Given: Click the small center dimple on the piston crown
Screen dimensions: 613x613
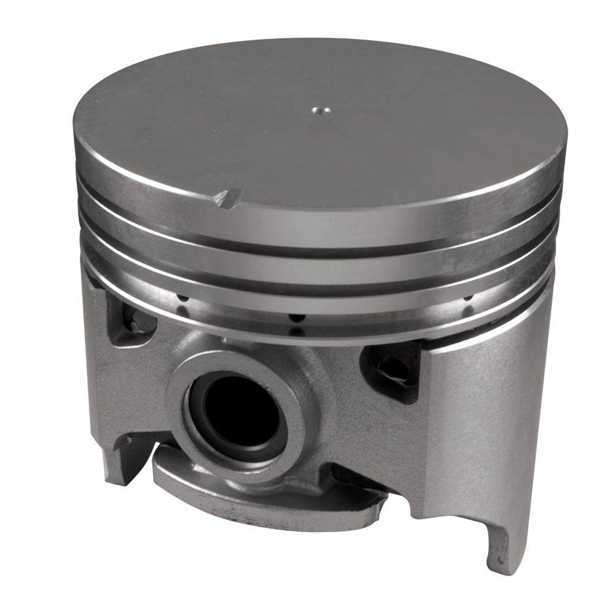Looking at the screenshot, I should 319,111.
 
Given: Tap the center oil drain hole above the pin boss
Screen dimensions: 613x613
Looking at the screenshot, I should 296,318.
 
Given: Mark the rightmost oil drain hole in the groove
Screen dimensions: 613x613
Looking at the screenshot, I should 469,299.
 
